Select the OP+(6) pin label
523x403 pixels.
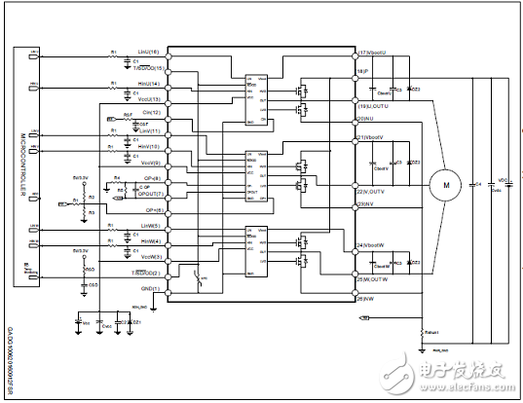(x=152, y=210)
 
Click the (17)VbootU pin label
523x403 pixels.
(x=374, y=52)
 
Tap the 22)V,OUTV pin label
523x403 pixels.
(x=375, y=192)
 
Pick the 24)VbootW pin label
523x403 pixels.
(x=375, y=244)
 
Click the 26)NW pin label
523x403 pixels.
(x=367, y=298)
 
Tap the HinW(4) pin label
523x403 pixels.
(x=148, y=240)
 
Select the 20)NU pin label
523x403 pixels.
(x=366, y=119)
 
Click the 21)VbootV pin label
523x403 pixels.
(x=375, y=138)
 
